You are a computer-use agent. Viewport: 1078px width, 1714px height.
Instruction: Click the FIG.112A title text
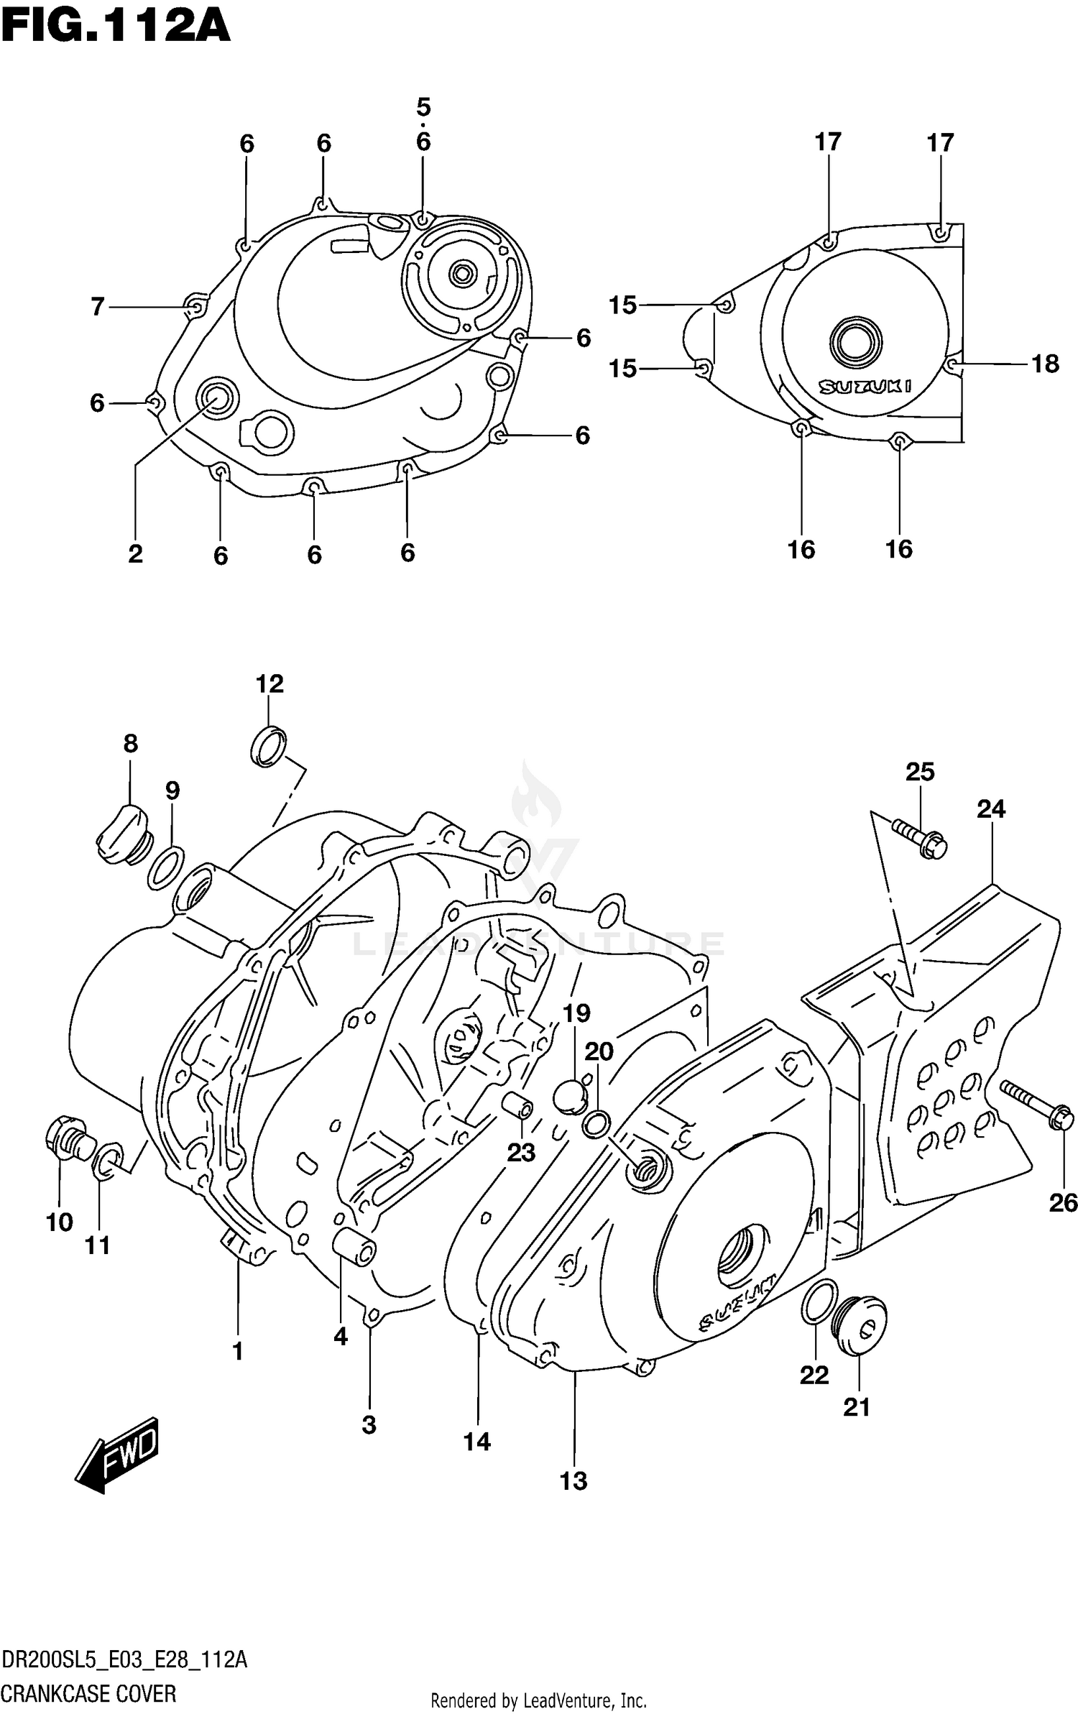[x=115, y=27]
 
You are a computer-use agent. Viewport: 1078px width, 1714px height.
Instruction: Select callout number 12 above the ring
[x=269, y=683]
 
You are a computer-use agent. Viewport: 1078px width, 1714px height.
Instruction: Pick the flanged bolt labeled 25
[x=920, y=837]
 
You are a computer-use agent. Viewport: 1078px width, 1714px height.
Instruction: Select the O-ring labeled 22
[x=819, y=1301]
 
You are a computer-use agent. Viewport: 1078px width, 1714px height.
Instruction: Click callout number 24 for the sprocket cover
[x=990, y=809]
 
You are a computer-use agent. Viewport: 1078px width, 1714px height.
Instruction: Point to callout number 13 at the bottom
[x=573, y=1481]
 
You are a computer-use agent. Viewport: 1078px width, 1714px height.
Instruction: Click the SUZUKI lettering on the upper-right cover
[x=865, y=387]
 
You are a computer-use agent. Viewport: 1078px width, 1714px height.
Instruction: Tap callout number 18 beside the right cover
[x=1045, y=364]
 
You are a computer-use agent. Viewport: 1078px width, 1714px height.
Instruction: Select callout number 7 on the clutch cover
[x=98, y=307]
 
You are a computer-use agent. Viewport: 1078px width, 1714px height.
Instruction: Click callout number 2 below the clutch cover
[x=135, y=553]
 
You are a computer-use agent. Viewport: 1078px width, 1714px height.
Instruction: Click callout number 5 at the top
[x=423, y=108]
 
